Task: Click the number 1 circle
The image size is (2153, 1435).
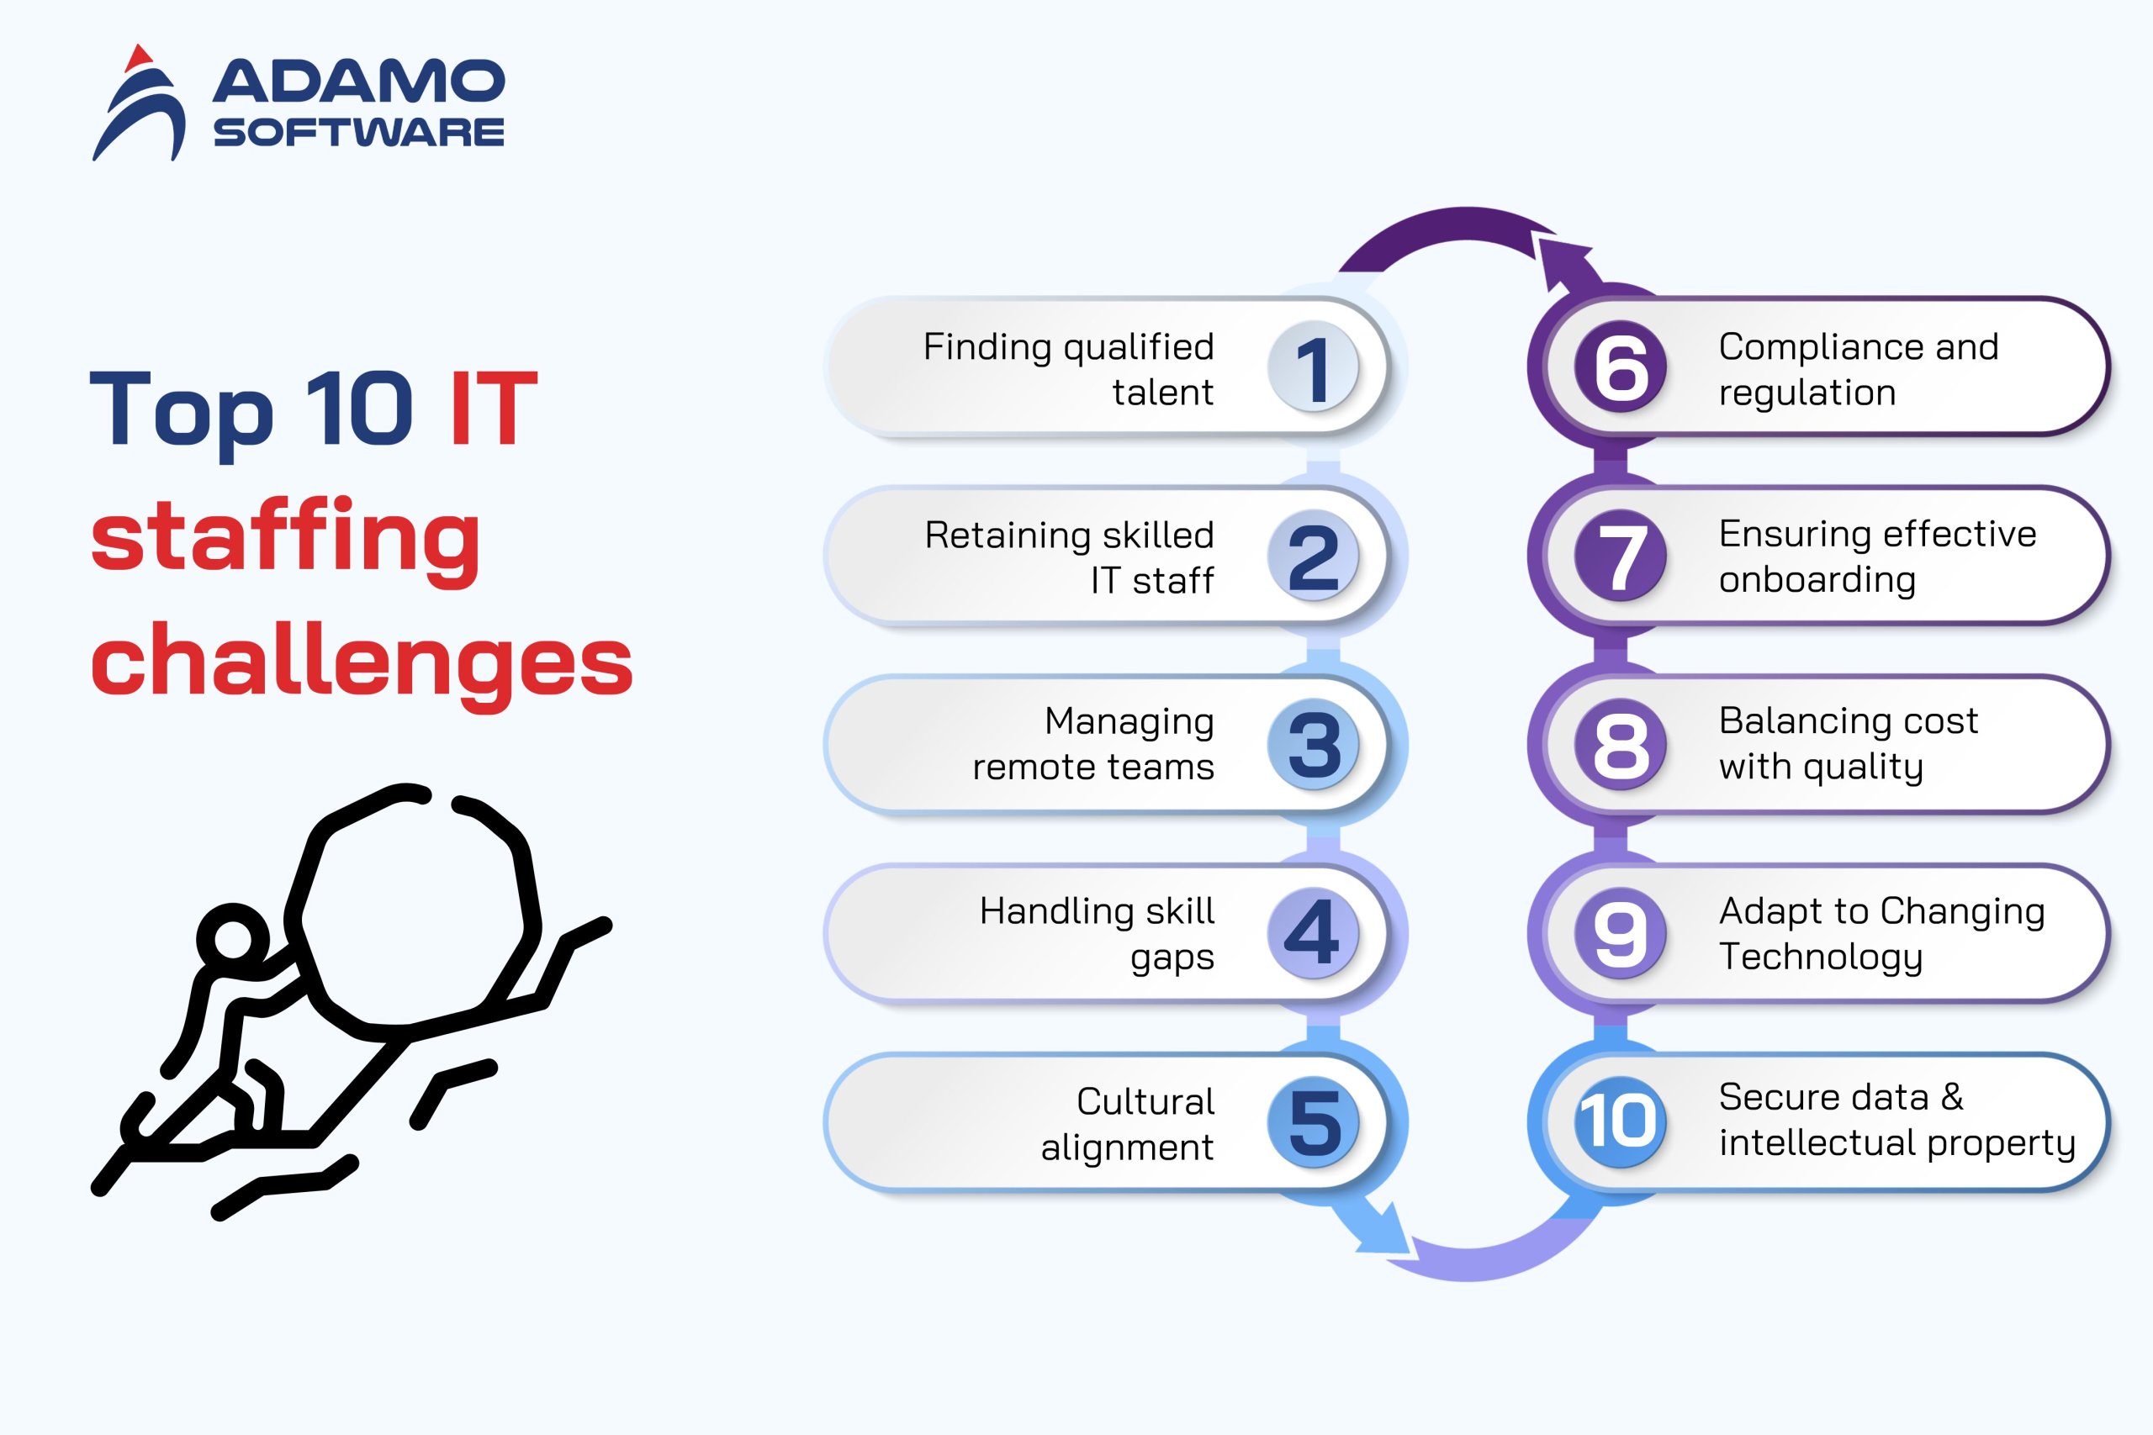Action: (1314, 367)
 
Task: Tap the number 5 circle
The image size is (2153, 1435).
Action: (1314, 1122)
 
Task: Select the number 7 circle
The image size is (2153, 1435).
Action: (1621, 556)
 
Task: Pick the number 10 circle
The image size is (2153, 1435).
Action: (1621, 1122)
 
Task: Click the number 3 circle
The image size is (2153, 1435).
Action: (1314, 745)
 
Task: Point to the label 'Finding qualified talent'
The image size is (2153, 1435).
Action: (1068, 369)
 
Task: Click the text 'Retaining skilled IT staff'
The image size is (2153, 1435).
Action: (1069, 557)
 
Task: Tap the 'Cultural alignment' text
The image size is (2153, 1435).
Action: (1128, 1123)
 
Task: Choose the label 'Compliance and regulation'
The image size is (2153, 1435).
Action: (1859, 369)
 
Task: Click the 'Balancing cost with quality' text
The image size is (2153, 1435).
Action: (1849, 744)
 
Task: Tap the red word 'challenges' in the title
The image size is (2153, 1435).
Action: (362, 665)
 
